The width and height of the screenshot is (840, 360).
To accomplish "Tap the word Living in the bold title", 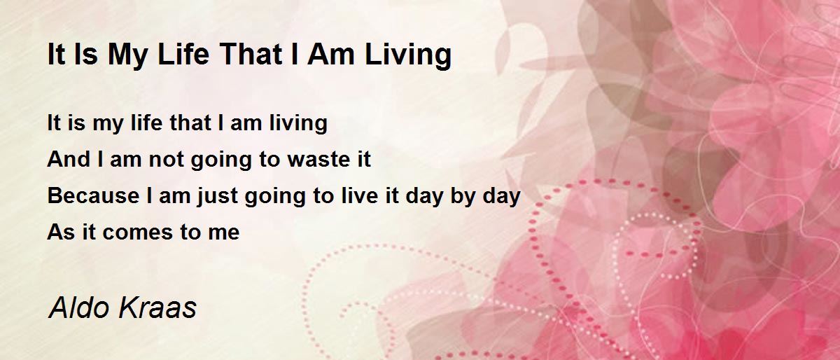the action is (x=408, y=56).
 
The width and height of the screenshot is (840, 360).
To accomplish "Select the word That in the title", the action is (x=251, y=54).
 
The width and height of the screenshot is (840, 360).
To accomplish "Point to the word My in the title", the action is (x=127, y=56).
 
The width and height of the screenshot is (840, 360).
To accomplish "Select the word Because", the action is (x=93, y=195).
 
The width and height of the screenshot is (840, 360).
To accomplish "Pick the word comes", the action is (x=138, y=233).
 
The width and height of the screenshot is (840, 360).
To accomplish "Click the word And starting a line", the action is (x=69, y=159).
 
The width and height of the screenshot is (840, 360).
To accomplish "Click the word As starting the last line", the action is (x=61, y=232).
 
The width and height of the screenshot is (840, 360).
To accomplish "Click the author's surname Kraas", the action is (x=157, y=307).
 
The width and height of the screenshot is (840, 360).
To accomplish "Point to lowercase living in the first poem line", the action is (x=298, y=124).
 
